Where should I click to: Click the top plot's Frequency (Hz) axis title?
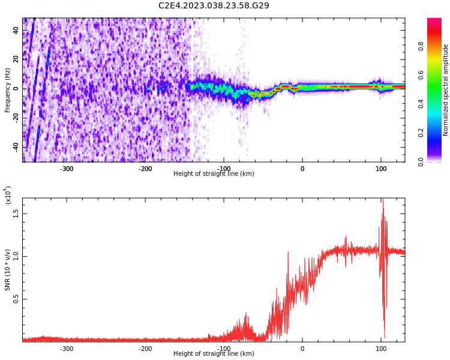pos(8,90)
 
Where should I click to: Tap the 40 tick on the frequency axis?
pos(16,31)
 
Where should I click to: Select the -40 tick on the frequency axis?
pos(15,146)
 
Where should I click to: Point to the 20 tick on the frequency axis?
pos(16,59)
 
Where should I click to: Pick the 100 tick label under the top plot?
pos(380,169)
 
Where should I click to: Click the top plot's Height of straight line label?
pos(214,174)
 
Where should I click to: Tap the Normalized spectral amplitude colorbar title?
pos(446,90)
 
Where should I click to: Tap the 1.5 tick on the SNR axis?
pos(16,212)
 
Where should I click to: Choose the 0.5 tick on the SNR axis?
pos(16,299)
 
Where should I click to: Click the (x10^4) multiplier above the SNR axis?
pos(8,196)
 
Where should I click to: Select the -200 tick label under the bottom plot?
pos(145,349)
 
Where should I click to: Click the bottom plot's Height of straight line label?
pos(214,354)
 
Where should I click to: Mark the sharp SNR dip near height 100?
pos(384,336)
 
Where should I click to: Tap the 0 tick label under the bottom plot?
pos(302,349)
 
